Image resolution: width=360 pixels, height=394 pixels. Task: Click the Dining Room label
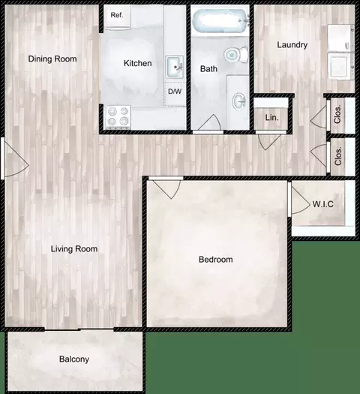[52, 59]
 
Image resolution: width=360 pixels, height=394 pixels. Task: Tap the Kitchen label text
[137, 64]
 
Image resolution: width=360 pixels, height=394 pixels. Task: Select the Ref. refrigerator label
[117, 15]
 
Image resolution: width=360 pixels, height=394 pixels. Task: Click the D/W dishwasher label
[174, 92]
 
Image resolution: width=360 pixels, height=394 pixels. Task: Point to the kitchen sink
[175, 67]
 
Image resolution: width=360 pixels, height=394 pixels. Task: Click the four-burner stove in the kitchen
[118, 116]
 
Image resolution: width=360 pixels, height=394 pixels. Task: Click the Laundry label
[292, 45]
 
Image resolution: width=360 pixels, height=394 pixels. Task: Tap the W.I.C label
[322, 203]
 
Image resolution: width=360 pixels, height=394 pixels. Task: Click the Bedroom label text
[215, 260]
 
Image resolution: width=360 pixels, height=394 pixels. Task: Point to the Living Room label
[74, 248]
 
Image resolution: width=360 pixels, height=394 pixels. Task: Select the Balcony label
[74, 359]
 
